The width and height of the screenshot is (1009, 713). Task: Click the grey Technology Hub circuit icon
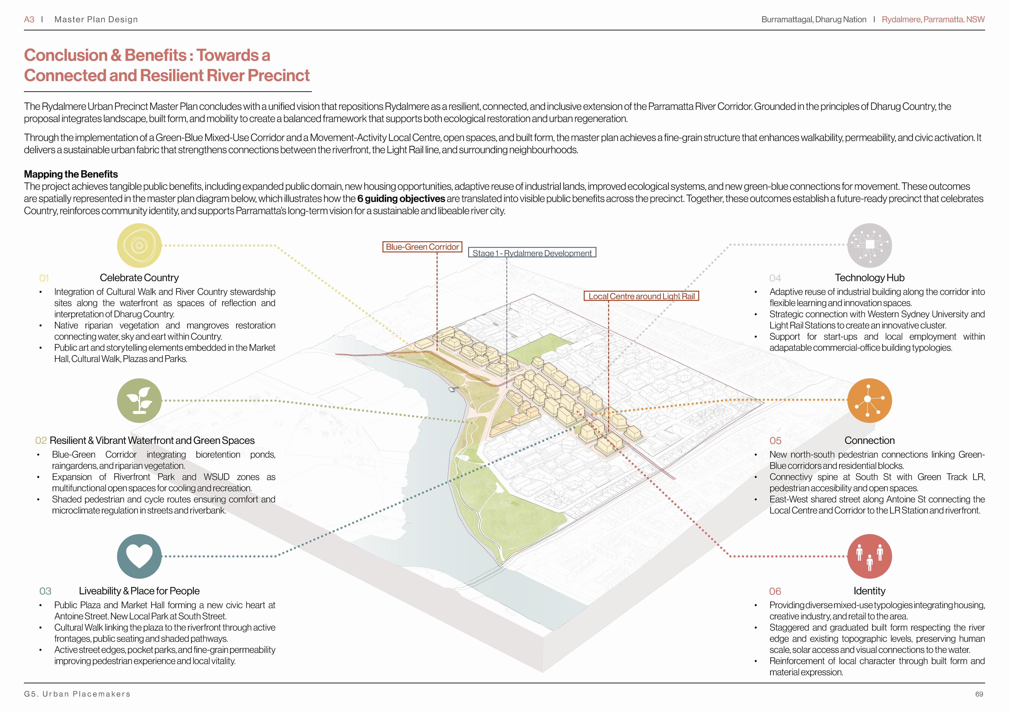[x=869, y=246]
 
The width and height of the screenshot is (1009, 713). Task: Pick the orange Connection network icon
[x=869, y=401]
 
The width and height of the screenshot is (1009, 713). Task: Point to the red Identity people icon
[x=869, y=556]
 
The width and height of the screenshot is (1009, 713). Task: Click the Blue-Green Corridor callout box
[x=422, y=247]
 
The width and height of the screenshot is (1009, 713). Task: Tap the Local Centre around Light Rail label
[x=641, y=296]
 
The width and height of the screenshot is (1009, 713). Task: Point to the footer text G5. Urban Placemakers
[x=77, y=694]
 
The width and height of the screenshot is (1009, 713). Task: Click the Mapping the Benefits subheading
[x=71, y=174]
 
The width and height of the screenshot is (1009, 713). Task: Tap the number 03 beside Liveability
[x=45, y=591]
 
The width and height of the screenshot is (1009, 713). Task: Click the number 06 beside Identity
[x=775, y=591]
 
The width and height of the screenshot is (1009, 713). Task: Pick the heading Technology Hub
[x=869, y=278]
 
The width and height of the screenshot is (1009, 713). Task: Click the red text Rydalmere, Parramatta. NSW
[x=933, y=19]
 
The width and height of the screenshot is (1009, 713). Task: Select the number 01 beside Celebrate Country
[x=44, y=278]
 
